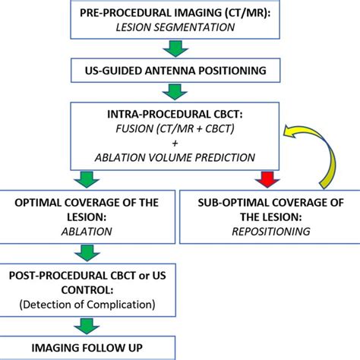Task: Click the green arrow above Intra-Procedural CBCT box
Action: tap(176, 92)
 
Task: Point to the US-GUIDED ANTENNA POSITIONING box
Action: tap(176, 71)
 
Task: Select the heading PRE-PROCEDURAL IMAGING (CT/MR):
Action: tap(176, 13)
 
